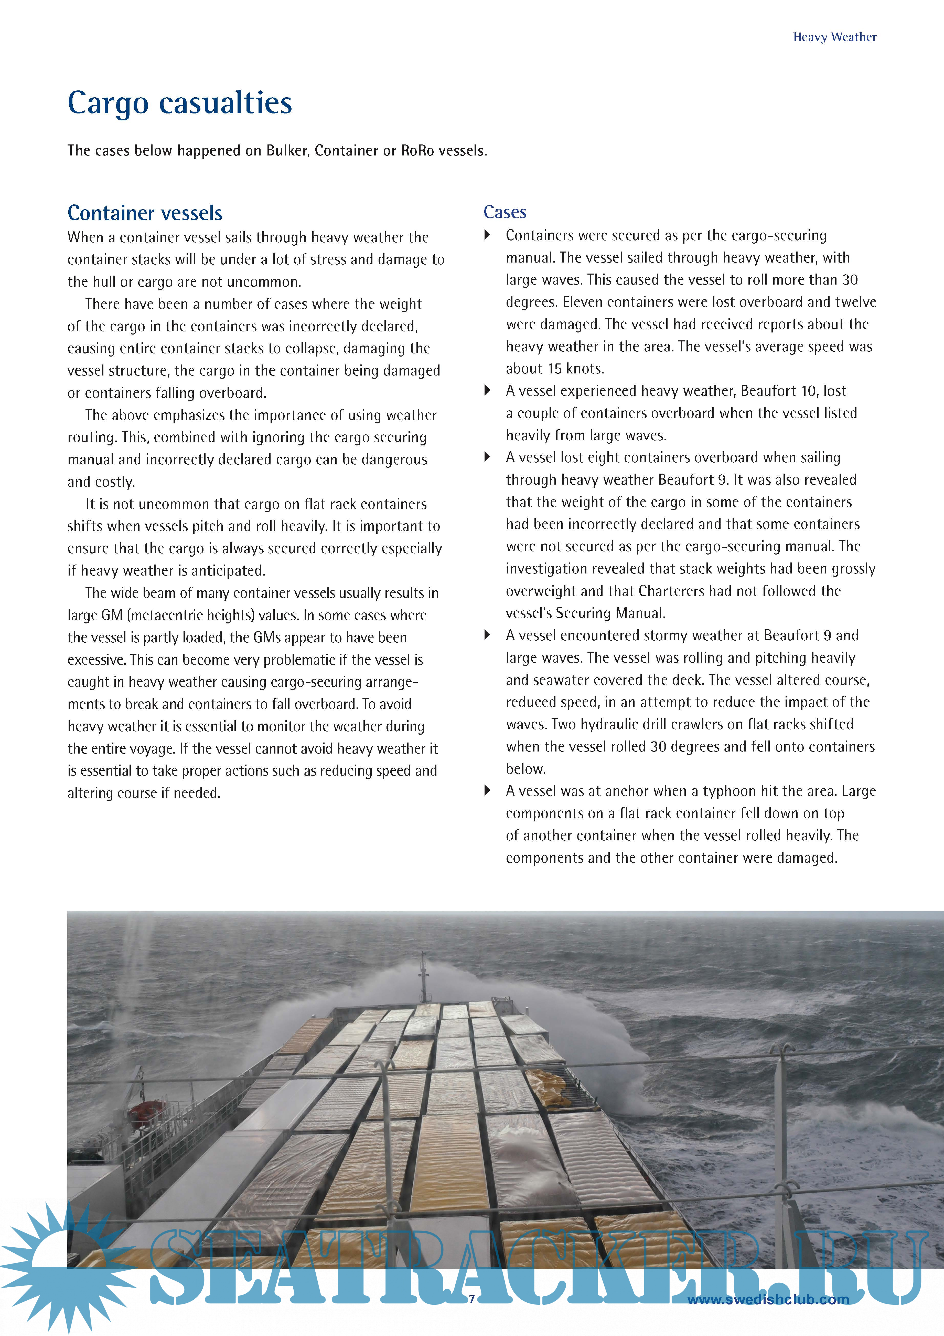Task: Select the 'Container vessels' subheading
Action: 145,213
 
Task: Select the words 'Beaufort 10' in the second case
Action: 777,391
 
